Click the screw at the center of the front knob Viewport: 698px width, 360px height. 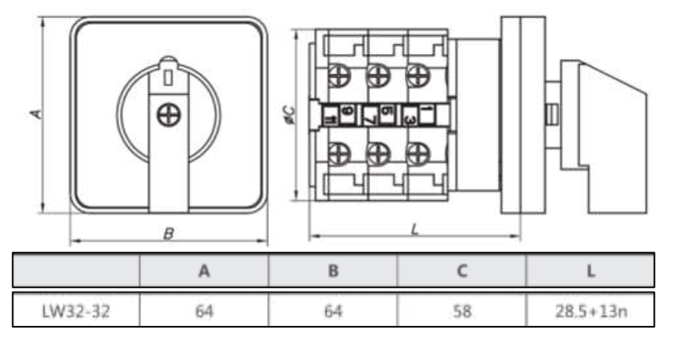coord(168,115)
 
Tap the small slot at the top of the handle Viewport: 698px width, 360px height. coord(168,77)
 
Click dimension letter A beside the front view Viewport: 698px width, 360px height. coord(36,112)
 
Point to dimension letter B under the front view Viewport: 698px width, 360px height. coord(168,234)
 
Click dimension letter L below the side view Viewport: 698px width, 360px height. coord(414,227)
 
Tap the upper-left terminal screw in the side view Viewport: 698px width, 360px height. coord(338,76)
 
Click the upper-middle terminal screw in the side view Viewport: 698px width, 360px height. coord(378,76)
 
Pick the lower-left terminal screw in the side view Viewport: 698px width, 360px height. coord(338,153)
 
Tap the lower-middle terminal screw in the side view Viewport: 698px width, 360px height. coord(378,153)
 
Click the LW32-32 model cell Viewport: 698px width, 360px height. coord(77,311)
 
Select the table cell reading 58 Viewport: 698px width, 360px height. coord(462,311)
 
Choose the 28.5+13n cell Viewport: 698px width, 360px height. coord(590,311)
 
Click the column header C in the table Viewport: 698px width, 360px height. coord(462,271)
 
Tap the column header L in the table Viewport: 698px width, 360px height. coord(590,271)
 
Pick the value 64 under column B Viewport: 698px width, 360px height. coord(333,311)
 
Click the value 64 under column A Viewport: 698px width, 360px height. coord(204,311)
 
